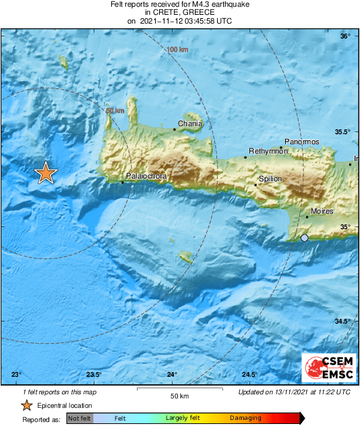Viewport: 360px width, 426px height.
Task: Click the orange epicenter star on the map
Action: pos(45,173)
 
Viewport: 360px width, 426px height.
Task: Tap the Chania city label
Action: pos(189,124)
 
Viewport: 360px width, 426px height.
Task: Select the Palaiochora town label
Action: pos(146,176)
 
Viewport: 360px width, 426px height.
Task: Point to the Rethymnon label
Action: pos(268,152)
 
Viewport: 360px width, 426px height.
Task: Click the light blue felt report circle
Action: pos(305,238)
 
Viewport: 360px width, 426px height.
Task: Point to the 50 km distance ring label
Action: pos(116,111)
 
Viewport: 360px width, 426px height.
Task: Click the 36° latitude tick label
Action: pos(345,36)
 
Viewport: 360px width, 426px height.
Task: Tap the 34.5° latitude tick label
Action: pos(343,321)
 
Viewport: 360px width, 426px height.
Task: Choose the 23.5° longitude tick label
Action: pos(94,375)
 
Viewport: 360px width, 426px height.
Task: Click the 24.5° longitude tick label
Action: pos(249,375)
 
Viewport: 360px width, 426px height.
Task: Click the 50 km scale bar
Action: pos(178,390)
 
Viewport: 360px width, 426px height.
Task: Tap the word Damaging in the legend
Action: pos(245,419)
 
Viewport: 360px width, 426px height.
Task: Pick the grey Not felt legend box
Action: pos(80,419)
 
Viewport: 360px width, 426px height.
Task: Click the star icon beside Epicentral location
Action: pos(26,405)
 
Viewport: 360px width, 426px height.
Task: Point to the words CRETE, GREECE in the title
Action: pos(180,13)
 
